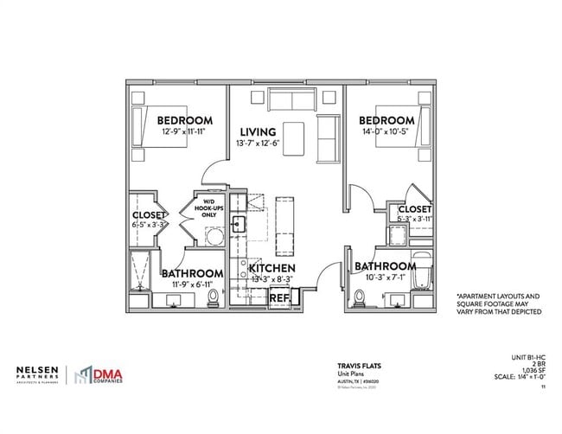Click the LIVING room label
point(258,132)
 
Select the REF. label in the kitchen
point(279,297)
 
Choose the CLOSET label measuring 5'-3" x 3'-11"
point(415,209)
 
